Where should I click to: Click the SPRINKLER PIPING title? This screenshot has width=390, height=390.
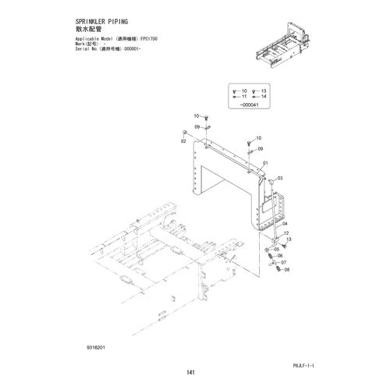point(101,22)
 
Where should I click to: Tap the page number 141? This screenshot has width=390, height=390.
point(190,373)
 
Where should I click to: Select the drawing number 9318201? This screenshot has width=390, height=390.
point(96,348)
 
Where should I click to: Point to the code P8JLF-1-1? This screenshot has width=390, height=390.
point(303,366)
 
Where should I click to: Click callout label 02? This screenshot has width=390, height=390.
point(183,141)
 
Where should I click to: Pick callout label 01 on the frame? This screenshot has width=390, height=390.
point(265,163)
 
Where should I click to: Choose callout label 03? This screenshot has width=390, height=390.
point(280,178)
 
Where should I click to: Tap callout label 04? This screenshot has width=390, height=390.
point(285,224)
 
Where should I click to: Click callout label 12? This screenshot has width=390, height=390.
point(286,233)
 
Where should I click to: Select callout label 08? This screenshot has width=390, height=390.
point(287,270)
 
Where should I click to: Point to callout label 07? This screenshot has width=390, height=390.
point(283,263)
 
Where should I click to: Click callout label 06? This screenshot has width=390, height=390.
point(280,256)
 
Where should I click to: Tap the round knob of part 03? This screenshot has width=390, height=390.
point(271,181)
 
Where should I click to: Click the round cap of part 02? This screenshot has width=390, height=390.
point(183,133)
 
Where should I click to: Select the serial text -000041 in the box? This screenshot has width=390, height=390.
point(249,105)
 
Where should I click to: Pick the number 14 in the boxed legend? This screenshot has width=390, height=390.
point(264,97)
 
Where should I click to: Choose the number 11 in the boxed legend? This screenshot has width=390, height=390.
point(244,97)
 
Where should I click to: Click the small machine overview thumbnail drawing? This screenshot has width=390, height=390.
point(282,44)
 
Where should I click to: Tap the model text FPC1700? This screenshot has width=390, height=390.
point(149,39)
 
